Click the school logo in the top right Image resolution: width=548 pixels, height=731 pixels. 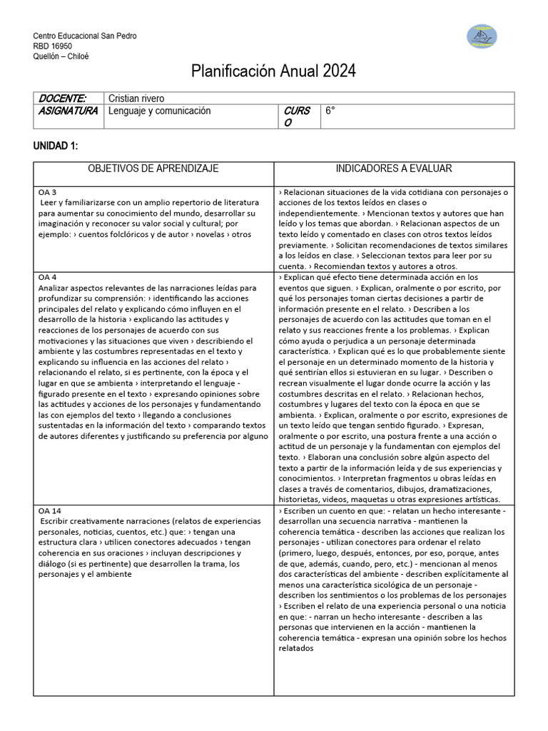pos(482,36)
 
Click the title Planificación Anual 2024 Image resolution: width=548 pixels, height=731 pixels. pos(273,71)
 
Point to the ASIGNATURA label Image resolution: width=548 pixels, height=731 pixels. pos(68,111)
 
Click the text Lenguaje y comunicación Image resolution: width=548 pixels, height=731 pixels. pos(160,111)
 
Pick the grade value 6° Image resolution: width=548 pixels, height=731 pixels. pos(330,111)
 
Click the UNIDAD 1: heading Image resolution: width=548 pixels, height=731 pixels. pos(56,146)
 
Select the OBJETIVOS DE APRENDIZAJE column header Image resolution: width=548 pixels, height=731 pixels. pos(153,168)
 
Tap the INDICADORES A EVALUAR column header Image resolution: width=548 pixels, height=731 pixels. pos(394,168)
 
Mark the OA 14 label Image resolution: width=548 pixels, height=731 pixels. pos(51,511)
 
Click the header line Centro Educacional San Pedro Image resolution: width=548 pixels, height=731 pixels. pos(85,36)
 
